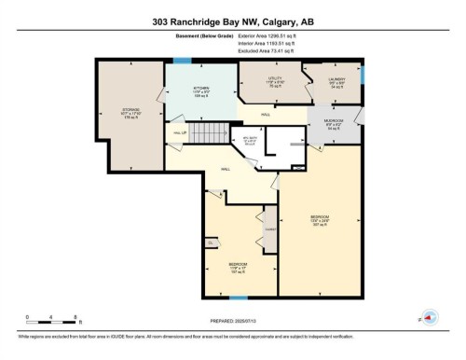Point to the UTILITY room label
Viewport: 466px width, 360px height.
[x=276, y=80]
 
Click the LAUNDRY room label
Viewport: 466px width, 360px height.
[x=336, y=80]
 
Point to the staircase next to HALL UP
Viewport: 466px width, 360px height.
[x=213, y=132]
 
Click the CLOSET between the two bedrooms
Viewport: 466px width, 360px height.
[x=269, y=228]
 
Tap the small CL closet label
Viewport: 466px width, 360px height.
[x=212, y=242]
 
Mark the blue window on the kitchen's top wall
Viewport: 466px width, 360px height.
[x=183, y=61]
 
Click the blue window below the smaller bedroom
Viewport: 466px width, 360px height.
[x=240, y=297]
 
